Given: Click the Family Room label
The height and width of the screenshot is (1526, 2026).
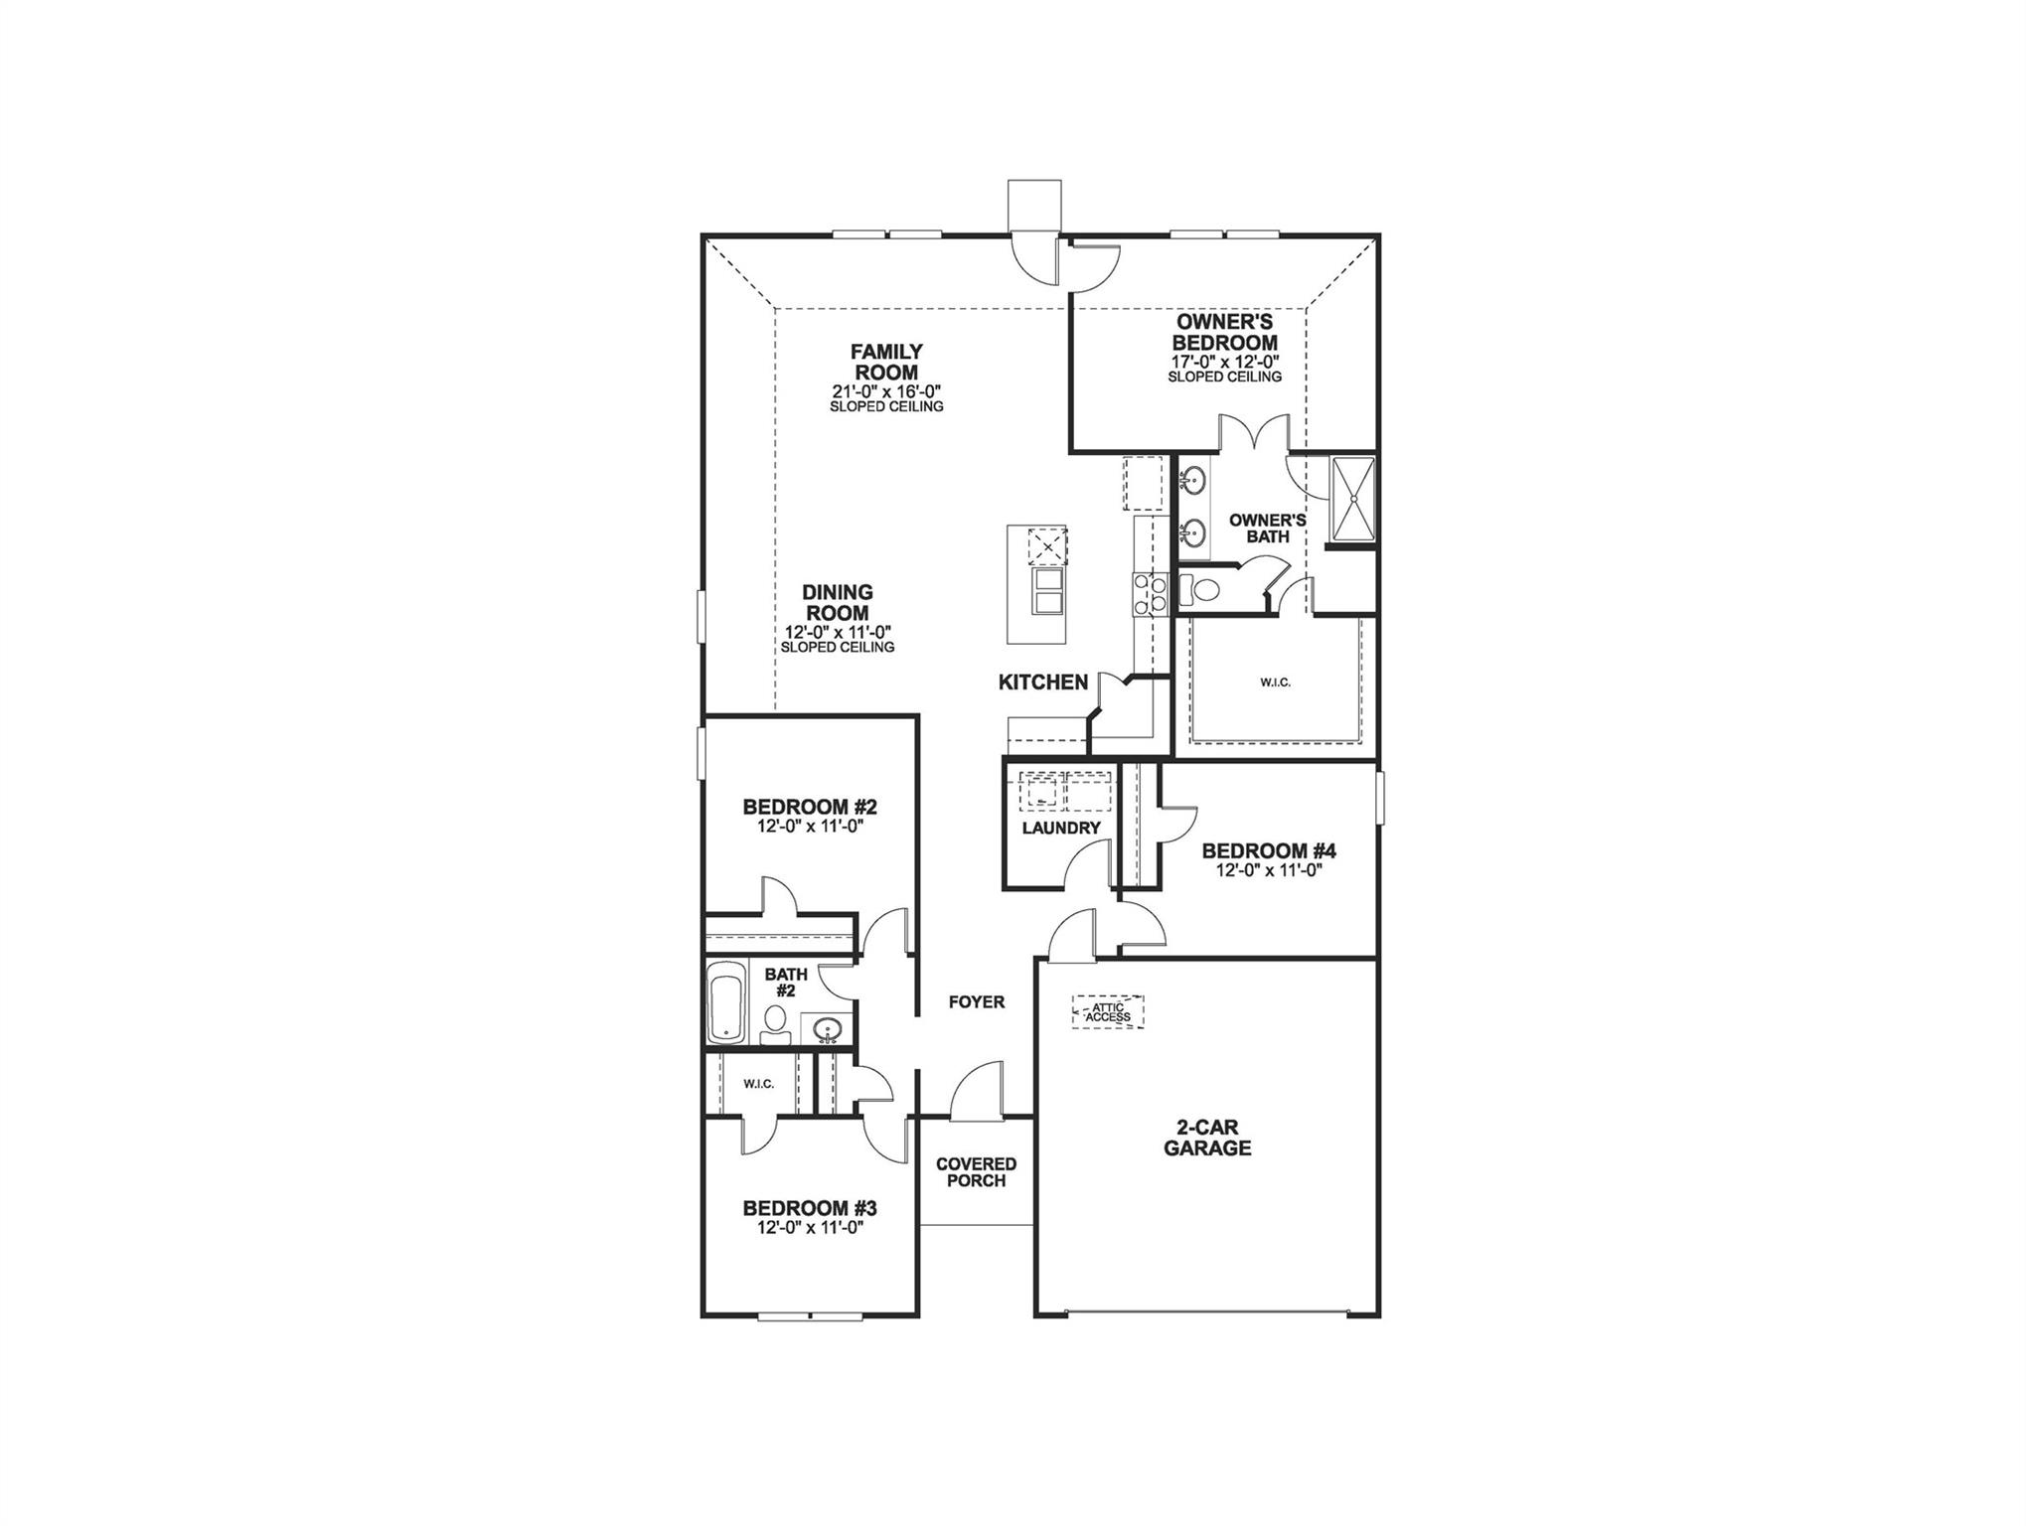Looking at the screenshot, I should [886, 363].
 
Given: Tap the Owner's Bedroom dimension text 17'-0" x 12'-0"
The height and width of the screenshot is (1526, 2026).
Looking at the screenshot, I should [1224, 363].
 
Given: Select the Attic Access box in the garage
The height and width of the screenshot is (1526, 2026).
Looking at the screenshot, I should [1108, 1012].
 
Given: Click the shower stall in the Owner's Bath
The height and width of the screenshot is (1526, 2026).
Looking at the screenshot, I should [1351, 500].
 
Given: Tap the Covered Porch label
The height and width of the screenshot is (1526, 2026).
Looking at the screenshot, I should [976, 1172].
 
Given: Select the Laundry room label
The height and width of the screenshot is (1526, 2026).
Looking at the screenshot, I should [1061, 829].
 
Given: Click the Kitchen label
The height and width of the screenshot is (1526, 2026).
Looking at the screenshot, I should [1043, 683].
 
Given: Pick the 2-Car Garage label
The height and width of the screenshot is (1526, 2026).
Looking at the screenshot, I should [1207, 1139].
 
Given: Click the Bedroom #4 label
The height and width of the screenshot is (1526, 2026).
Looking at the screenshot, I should [1269, 851].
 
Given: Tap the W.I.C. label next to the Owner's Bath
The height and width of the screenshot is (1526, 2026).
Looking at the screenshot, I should [1275, 683].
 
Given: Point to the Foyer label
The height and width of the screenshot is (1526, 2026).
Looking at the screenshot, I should [977, 1002].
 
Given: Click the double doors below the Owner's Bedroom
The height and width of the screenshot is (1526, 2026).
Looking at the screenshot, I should [1254, 434].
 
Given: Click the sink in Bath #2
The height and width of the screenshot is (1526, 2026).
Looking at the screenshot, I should [827, 1028].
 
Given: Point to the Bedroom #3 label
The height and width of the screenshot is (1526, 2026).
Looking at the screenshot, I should [810, 1209].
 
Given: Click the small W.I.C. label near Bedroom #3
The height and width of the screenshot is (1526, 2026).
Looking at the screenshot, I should [758, 1084].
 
